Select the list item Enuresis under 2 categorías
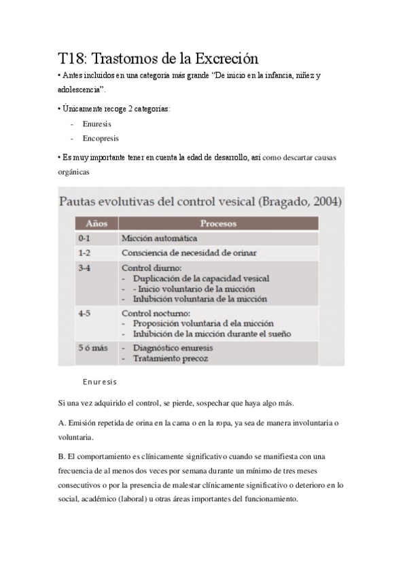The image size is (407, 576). [x=98, y=124]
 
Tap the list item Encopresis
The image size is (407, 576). [x=101, y=138]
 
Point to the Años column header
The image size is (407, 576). [x=96, y=223]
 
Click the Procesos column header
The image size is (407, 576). [x=218, y=223]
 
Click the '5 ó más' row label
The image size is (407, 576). [x=93, y=348]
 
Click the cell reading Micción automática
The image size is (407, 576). [x=159, y=238]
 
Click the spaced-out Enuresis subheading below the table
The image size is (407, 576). [x=100, y=382]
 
